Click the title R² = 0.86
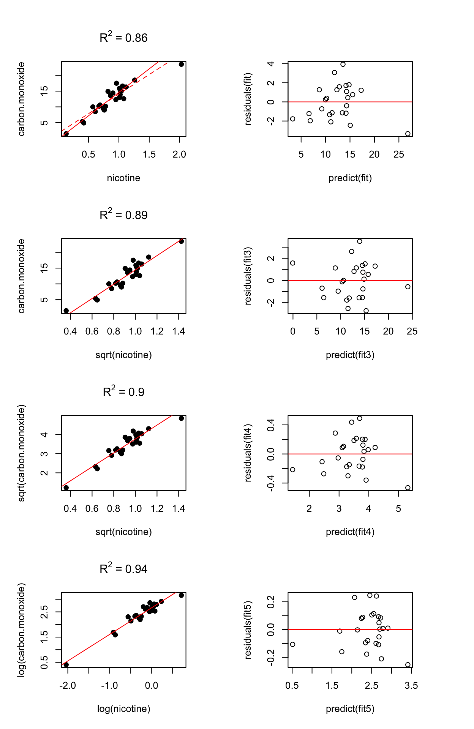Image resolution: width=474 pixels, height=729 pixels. [x=123, y=38]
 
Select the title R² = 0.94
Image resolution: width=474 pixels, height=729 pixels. [x=123, y=569]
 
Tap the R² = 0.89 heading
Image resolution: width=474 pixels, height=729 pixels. [x=123, y=215]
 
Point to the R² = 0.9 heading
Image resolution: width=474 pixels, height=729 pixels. [x=123, y=392]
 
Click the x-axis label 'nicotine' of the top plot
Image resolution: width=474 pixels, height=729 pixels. [x=123, y=178]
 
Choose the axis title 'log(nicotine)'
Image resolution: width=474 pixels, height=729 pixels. [x=123, y=708]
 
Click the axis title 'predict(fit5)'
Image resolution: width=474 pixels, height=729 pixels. [x=350, y=708]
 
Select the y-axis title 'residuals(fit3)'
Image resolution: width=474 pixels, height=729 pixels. [x=248, y=276]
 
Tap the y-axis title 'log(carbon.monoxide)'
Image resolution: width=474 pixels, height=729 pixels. [x=22, y=630]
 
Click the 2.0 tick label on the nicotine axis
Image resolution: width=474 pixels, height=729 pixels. [x=179, y=154]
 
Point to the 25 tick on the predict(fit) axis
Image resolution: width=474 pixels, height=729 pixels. [x=399, y=154]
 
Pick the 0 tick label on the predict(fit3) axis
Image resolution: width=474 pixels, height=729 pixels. [x=292, y=331]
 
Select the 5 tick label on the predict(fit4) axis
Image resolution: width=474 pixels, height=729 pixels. [x=398, y=508]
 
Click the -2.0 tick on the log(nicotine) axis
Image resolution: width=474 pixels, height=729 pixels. [x=68, y=685]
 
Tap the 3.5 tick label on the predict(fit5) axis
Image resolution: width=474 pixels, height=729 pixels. [x=411, y=685]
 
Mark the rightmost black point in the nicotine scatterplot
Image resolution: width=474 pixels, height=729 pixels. [x=181, y=64]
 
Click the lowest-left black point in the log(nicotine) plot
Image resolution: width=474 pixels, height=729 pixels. [x=66, y=664]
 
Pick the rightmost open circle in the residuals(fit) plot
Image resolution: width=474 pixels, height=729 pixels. [x=408, y=134]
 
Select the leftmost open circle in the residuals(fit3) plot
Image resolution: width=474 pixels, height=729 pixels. [x=292, y=263]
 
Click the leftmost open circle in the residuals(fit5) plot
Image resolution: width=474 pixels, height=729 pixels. [x=292, y=644]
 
